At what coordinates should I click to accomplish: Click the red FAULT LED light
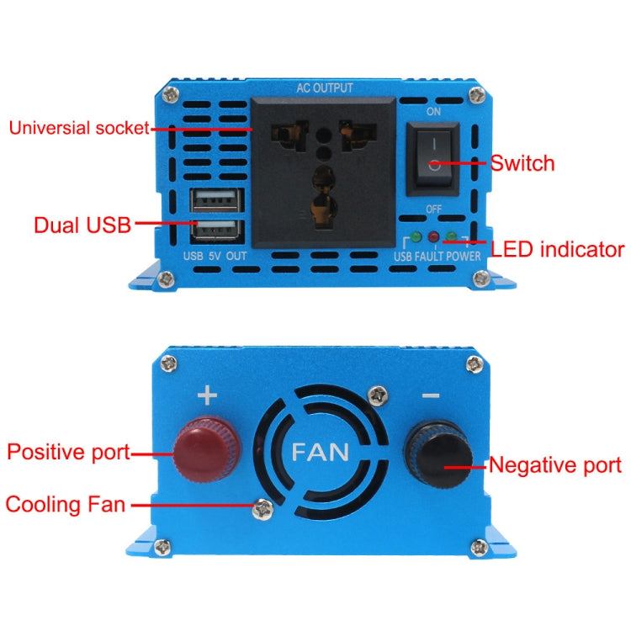[x=434, y=237]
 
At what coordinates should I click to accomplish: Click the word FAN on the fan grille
[x=321, y=451]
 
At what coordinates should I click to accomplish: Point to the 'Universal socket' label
[x=78, y=128]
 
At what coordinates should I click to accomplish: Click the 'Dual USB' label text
[x=82, y=225]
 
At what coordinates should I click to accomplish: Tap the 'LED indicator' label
[x=557, y=249]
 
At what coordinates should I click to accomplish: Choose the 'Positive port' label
[x=69, y=452]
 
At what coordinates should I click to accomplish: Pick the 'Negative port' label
[x=555, y=464]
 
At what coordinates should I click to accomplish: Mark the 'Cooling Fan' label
[x=66, y=505]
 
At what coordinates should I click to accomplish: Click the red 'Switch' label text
[x=522, y=162]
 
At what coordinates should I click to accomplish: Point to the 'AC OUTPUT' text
[x=325, y=88]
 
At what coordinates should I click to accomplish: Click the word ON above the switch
[x=433, y=110]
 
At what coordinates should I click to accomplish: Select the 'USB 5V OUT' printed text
[x=215, y=256]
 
